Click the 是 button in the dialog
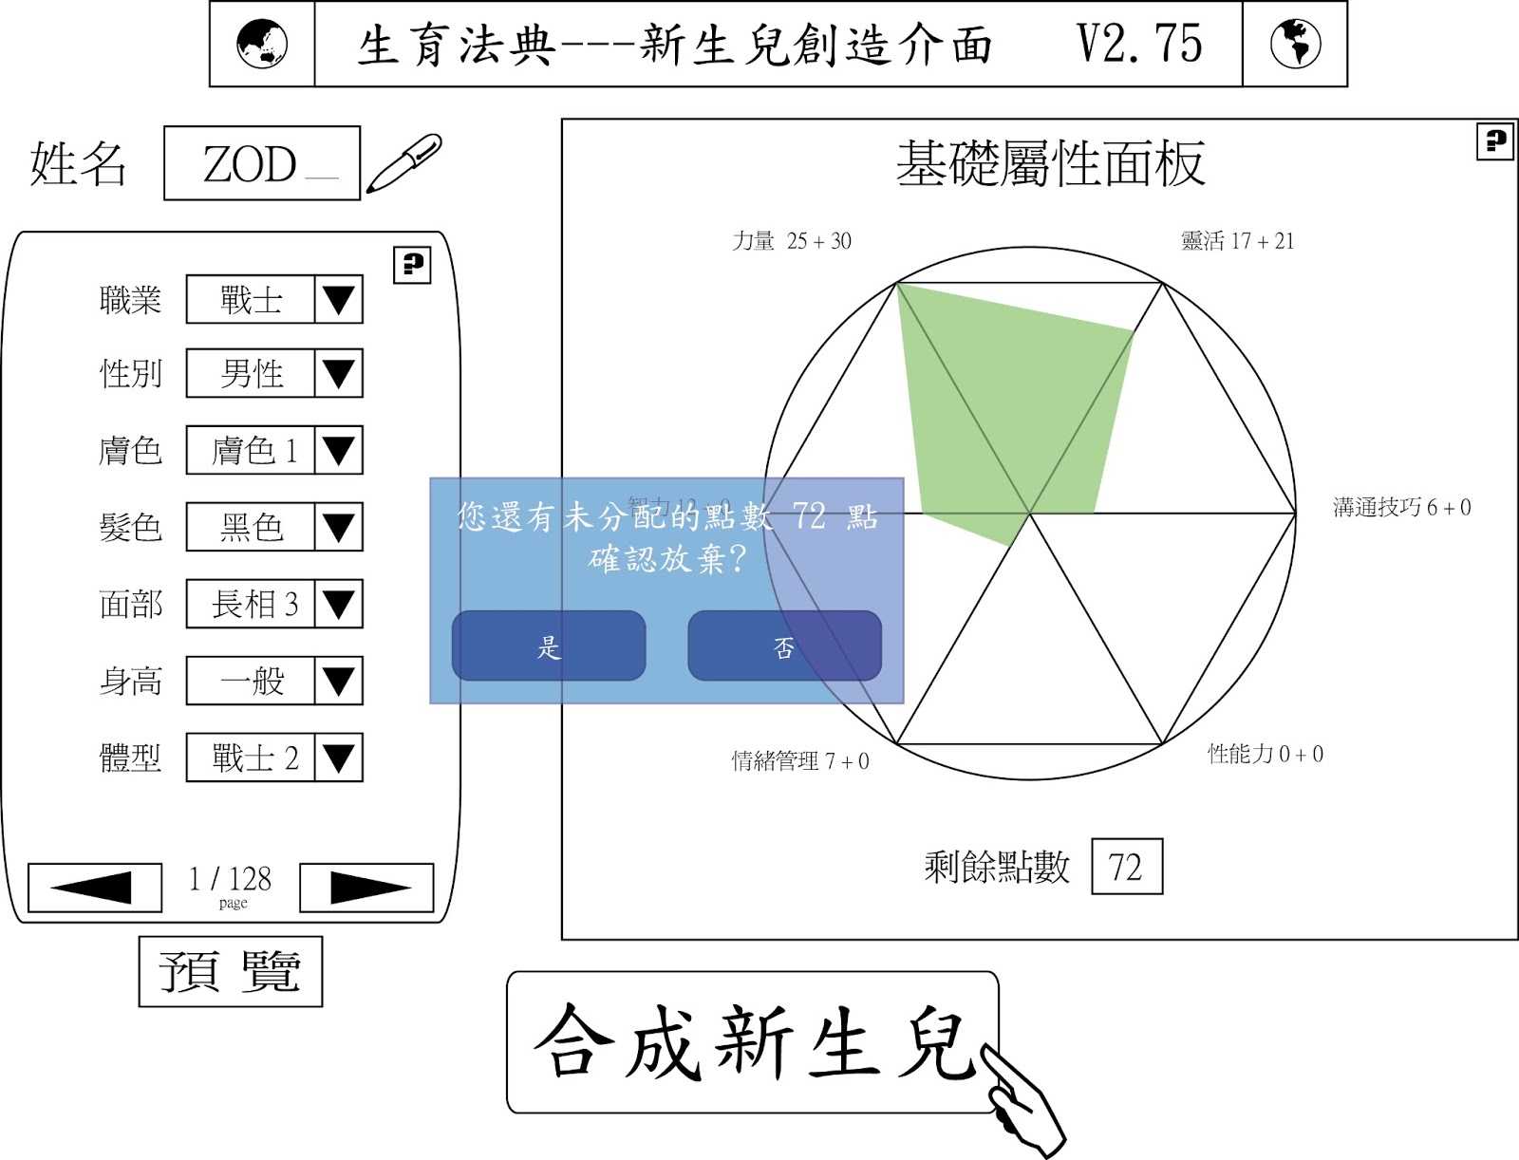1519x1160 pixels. coord(549,646)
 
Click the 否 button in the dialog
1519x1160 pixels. coord(784,646)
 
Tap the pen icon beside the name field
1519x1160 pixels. coord(404,163)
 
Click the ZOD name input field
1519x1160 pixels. coord(261,163)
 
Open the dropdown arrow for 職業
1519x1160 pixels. coord(339,300)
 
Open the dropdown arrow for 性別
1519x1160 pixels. coord(339,373)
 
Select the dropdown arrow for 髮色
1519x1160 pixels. coord(339,527)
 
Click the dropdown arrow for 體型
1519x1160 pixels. coord(339,758)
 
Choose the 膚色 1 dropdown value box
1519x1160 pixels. coord(251,450)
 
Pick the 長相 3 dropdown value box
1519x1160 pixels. coord(251,604)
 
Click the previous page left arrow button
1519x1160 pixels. coord(95,888)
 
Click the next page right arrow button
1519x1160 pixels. coord(366,888)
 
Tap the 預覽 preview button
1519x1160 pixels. coord(231,971)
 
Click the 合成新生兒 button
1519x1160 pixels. coord(752,1042)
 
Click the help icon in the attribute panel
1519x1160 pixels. coord(1494,142)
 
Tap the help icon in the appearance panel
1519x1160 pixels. coord(412,265)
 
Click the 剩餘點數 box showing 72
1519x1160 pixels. coord(1127,867)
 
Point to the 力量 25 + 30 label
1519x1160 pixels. coord(792,241)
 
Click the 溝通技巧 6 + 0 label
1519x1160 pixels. coord(1401,508)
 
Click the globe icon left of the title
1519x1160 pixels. coord(262,45)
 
